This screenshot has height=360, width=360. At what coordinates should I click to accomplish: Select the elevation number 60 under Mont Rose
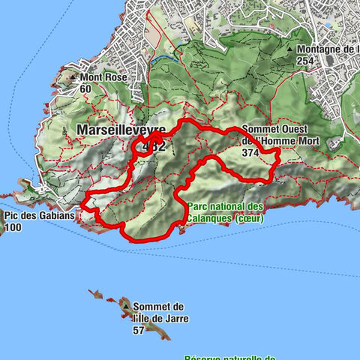(86, 88)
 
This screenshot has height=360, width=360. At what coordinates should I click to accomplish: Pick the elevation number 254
(304, 60)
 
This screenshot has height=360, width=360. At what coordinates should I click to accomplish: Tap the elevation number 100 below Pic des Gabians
(13, 227)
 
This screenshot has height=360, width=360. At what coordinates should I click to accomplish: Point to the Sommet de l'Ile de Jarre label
(159, 313)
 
